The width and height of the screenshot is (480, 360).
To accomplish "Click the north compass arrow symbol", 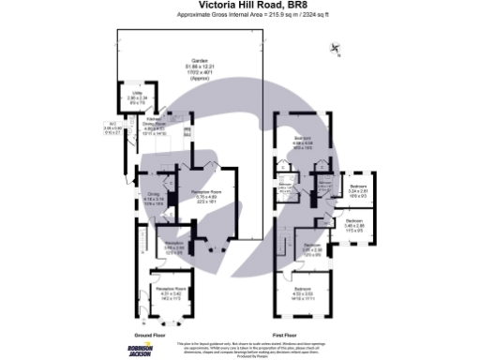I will (x=335, y=54).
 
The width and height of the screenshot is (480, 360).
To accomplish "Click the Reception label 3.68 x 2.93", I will (x=174, y=247).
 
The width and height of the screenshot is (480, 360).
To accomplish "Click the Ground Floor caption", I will (x=150, y=333).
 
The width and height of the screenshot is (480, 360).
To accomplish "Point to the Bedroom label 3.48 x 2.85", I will (x=353, y=224).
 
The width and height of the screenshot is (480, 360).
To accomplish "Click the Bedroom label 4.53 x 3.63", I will (x=302, y=292).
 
